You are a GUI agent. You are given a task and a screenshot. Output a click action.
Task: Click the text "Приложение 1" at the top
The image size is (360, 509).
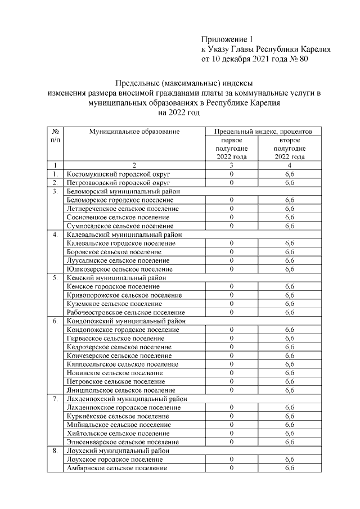228,39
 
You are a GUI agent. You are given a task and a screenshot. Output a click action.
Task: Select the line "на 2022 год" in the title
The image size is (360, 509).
179,112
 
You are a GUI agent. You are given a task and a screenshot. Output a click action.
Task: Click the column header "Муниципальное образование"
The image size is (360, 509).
134,132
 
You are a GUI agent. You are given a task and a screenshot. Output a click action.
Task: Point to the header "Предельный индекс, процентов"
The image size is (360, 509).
259,132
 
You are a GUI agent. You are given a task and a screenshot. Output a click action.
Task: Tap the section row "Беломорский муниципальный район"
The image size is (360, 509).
125,191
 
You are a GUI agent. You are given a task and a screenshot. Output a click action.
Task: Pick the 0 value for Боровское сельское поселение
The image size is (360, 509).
232,252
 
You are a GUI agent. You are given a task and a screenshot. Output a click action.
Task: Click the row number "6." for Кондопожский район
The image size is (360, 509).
56,321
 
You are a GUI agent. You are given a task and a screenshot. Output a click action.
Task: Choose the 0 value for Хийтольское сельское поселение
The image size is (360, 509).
232,434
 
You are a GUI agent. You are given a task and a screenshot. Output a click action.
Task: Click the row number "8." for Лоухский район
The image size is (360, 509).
56,451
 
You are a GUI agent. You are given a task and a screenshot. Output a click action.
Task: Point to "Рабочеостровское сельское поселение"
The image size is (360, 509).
125,312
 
